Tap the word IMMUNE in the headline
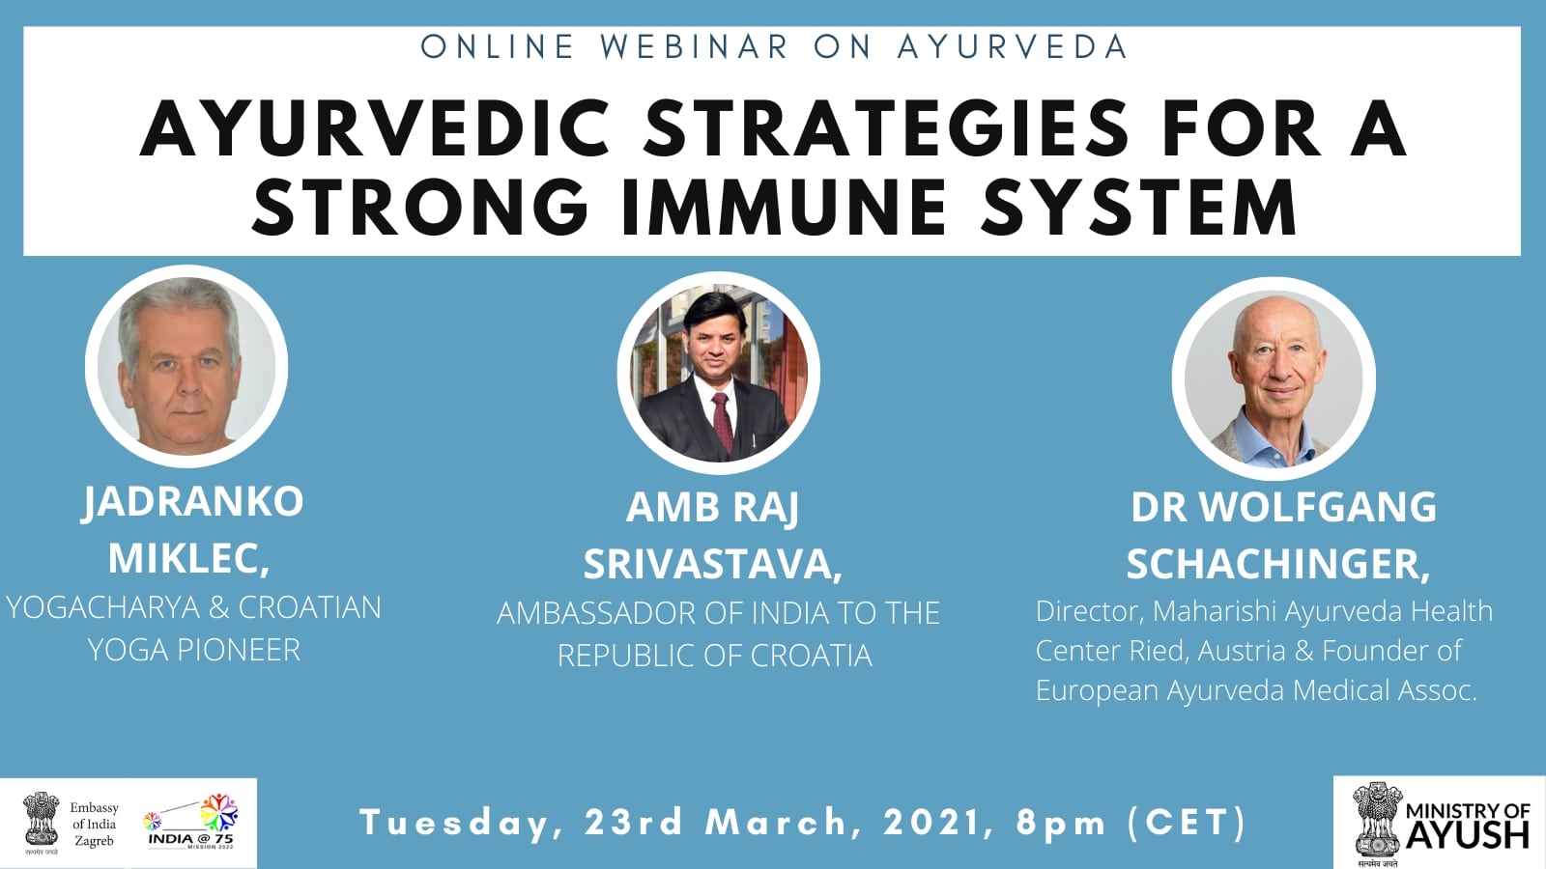784,207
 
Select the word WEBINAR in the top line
695,47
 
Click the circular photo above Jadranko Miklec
186,366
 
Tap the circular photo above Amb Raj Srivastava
719,373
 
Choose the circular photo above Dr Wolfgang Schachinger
1274,378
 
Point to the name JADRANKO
192,502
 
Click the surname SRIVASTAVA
713,564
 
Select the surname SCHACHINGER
1278,564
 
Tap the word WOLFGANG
1318,507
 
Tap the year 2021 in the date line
938,822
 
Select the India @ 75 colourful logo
191,821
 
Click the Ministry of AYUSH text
1468,825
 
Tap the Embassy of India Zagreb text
94,825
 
